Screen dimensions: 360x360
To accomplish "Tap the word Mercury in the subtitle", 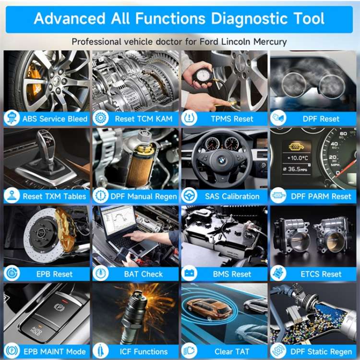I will point(268,42).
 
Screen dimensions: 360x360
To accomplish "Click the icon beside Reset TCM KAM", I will point(100,118).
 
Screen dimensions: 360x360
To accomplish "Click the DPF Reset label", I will point(322,119).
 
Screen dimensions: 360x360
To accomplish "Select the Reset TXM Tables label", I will point(54,196).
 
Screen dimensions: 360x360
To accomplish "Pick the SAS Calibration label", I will point(232,196).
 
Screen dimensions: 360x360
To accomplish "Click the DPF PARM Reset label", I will point(321,196).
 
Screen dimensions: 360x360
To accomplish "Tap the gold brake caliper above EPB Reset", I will point(64,230).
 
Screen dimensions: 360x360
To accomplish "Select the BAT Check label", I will point(143,274).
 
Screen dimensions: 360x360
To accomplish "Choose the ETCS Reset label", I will point(321,274).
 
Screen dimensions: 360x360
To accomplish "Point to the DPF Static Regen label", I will point(321,351).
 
